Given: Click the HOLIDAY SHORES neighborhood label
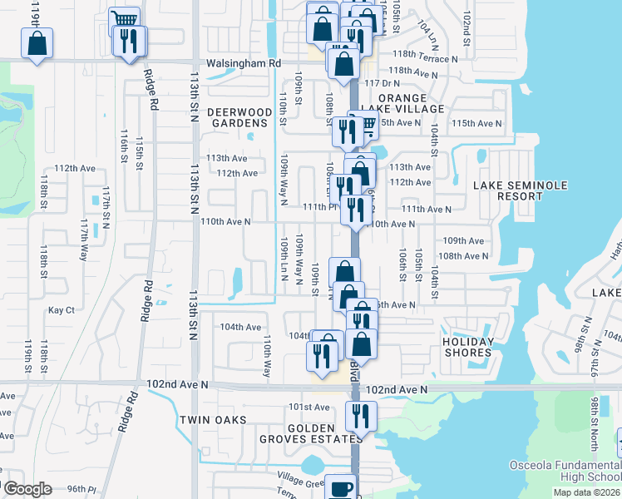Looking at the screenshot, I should tap(466, 347).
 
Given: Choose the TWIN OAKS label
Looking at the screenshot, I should tap(212, 420).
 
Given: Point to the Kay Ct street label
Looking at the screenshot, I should tap(62, 310).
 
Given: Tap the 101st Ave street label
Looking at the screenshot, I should tap(309, 407).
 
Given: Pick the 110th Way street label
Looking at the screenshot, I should tap(267, 355).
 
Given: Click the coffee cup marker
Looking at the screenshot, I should tap(340, 489).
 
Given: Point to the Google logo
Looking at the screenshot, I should tap(28, 489).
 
